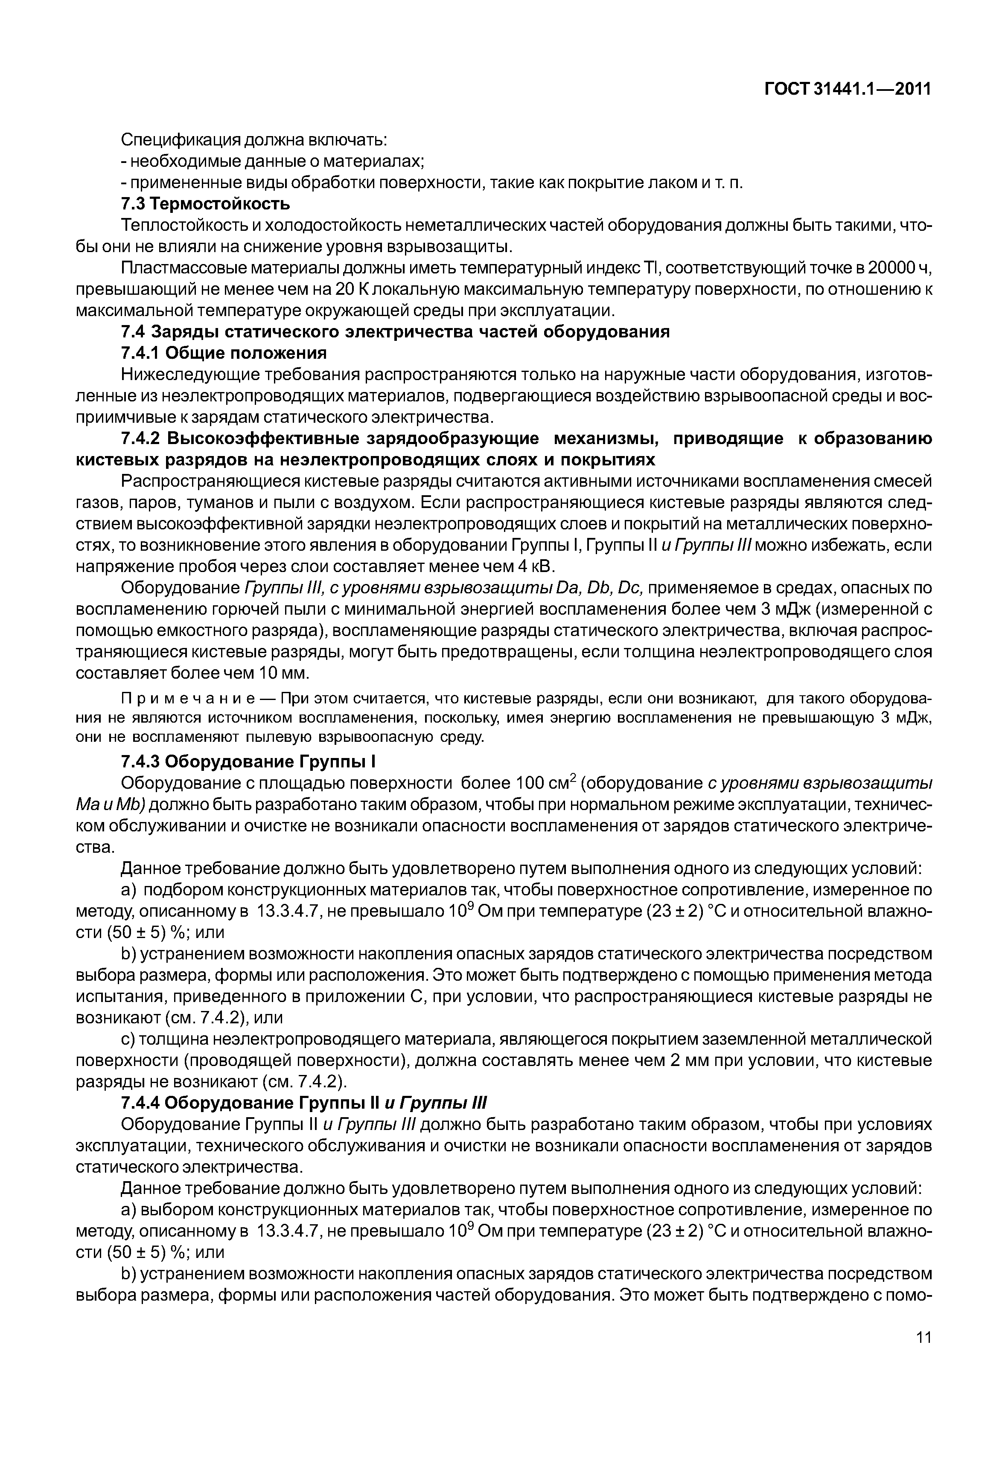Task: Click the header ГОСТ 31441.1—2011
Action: tap(848, 90)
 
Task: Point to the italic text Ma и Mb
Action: tap(111, 805)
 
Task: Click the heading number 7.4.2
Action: tap(140, 439)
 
